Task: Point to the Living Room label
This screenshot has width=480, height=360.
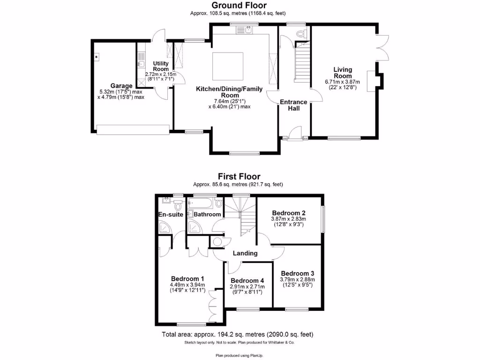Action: click(342, 73)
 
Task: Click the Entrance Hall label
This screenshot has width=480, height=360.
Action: click(293, 105)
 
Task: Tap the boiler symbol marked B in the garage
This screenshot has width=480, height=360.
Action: click(96, 57)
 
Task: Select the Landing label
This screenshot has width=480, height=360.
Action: click(246, 253)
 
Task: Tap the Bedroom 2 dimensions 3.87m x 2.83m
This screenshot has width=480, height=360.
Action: click(288, 218)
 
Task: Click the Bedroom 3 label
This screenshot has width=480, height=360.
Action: click(297, 273)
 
